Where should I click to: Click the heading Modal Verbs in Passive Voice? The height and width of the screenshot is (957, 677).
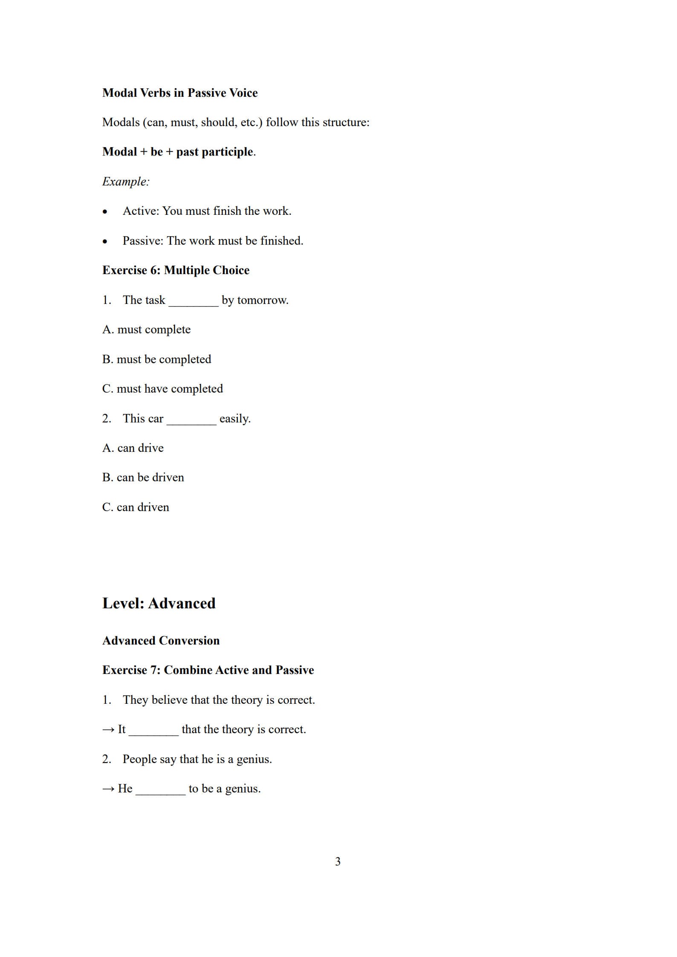click(x=179, y=93)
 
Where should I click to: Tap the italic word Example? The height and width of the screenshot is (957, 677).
click(x=126, y=182)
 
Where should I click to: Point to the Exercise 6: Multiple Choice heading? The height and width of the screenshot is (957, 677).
click(x=176, y=270)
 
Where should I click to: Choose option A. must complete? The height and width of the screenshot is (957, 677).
click(x=146, y=330)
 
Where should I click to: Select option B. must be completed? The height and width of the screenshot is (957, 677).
click(x=156, y=359)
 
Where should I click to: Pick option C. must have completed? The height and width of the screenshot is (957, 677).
click(x=162, y=389)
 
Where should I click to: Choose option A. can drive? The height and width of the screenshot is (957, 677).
click(x=133, y=448)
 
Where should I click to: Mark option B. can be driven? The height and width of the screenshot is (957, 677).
click(x=143, y=477)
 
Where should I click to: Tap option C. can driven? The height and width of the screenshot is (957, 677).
click(x=136, y=507)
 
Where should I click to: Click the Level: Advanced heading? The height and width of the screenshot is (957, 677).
click(x=159, y=603)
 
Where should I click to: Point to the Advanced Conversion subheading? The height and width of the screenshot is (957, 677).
click(x=161, y=641)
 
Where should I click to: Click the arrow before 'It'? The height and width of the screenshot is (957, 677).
click(x=108, y=730)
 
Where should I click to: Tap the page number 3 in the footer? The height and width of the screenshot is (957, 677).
click(x=338, y=862)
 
